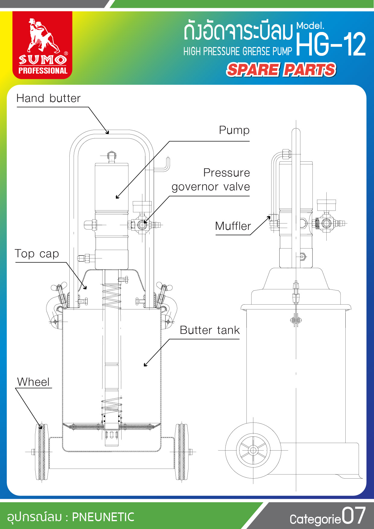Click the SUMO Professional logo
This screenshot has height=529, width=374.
pos(42,45)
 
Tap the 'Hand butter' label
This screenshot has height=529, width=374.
pos(49,98)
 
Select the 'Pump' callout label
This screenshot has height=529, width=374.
pos(234,130)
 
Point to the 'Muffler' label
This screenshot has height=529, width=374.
pos(233,226)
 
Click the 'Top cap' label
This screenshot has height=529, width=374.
pos(37,254)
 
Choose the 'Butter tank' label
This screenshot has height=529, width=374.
pos(210,330)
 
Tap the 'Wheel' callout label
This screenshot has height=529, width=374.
pos(33,382)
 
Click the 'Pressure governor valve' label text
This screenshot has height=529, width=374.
pos(211,180)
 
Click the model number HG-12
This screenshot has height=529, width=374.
pos(331,45)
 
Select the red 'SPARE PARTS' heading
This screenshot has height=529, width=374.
pos(281,70)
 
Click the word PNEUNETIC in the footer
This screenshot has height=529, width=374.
pos(103,517)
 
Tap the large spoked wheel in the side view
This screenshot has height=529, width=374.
pos(253,450)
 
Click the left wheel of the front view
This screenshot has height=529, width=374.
pos(42,451)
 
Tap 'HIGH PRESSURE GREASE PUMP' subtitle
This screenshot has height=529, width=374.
pos(238,52)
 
